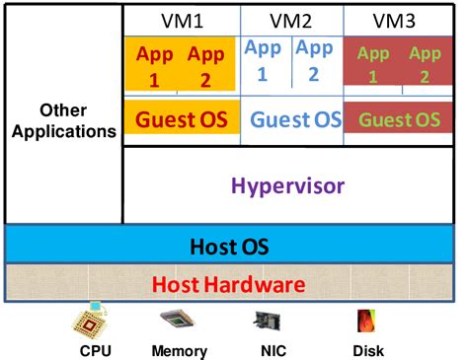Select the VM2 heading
point(290,19)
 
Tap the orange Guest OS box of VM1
point(181,119)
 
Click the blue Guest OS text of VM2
point(295,120)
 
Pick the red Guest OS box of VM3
point(398,119)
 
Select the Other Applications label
point(63,120)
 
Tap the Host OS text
point(232,245)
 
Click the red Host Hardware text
point(233,285)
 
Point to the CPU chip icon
point(95,321)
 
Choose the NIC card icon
point(268,322)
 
